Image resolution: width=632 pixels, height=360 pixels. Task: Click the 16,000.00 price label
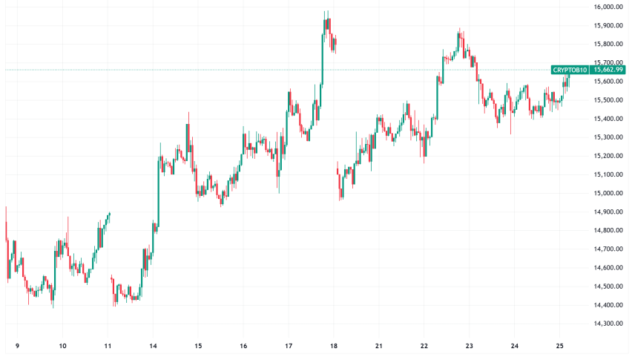[608, 7]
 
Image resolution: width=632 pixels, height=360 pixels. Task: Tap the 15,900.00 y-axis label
[608, 26]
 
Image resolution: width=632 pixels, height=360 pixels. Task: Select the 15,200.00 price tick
[608, 156]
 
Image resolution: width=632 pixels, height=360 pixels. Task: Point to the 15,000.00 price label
[608, 193]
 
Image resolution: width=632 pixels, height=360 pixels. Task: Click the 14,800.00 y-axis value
[608, 230]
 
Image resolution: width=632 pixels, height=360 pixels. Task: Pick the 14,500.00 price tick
[608, 286]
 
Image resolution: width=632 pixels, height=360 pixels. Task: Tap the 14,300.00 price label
[608, 323]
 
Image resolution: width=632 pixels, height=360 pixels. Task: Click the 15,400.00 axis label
[608, 119]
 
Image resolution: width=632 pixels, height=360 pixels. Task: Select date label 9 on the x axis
[17, 346]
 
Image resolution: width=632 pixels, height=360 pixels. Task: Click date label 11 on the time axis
[108, 346]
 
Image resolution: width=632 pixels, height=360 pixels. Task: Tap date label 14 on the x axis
[153, 346]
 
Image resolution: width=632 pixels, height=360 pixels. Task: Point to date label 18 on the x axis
[334, 346]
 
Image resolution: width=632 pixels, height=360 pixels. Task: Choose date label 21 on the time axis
[379, 346]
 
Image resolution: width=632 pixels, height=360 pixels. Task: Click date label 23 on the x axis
[470, 346]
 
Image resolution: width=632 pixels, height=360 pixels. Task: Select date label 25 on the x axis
[560, 346]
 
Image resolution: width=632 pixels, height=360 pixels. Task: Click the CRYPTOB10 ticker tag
[570, 70]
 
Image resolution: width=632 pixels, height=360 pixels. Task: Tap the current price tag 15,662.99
[608, 70]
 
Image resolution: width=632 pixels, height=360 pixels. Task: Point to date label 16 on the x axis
[243, 346]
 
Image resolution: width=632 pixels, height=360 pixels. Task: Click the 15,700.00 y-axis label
[608, 63]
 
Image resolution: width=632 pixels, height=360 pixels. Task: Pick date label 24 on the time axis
[515, 346]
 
